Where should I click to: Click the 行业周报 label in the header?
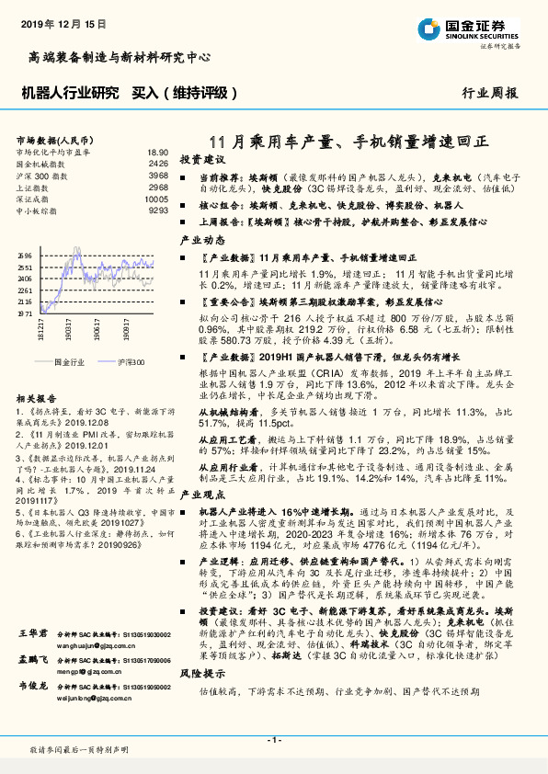pyautogui.click(x=489, y=93)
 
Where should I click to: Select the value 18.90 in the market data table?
pyautogui.click(x=157, y=152)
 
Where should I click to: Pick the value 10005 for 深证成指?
pyautogui.click(x=156, y=199)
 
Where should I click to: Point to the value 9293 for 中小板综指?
pyautogui.click(x=157, y=211)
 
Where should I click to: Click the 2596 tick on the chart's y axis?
pyautogui.click(x=25, y=256)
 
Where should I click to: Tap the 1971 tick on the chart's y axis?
pyautogui.click(x=25, y=313)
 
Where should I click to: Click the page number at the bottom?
pyautogui.click(x=274, y=740)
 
